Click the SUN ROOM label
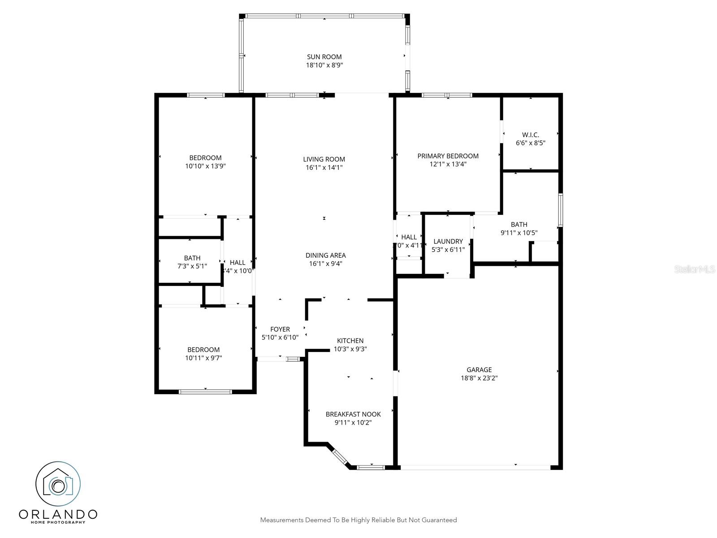[x=324, y=57]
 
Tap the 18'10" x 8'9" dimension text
[x=324, y=65]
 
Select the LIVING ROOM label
[x=324, y=159]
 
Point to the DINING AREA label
[x=325, y=256]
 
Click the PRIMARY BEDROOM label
[x=448, y=156]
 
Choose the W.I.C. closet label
[x=531, y=135]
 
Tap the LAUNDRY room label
[x=448, y=241]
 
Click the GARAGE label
[x=479, y=370]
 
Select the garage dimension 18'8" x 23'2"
[x=479, y=378]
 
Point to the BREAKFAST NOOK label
[x=353, y=414]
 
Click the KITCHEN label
[x=350, y=341]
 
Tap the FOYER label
[x=280, y=330]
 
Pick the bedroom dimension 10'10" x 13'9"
[x=205, y=166]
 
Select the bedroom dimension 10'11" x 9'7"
[x=203, y=358]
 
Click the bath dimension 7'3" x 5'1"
[x=192, y=266]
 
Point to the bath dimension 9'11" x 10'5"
[x=519, y=233]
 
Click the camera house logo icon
[x=58, y=484]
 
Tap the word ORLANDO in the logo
[x=58, y=514]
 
